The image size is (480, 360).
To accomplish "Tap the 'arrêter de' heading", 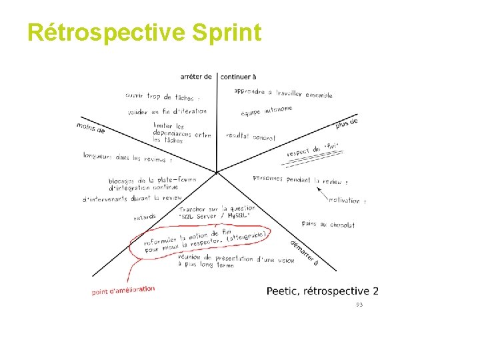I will [x=196, y=77].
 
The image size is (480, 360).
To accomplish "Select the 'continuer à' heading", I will [x=238, y=77].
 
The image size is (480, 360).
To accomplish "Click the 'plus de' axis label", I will [x=347, y=123].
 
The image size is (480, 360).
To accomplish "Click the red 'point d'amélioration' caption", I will [x=123, y=290].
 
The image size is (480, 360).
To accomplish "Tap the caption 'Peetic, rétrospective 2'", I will [x=323, y=291].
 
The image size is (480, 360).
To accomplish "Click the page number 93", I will [x=359, y=304].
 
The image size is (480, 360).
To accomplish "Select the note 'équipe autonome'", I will [x=267, y=113].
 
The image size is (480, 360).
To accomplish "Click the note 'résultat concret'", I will [x=251, y=137].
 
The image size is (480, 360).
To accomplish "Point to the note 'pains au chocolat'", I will [x=328, y=225].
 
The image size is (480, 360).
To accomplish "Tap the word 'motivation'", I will [x=345, y=200].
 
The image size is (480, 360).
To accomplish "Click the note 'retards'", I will [x=145, y=217].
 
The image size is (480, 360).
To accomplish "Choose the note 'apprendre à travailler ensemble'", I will [x=283, y=93].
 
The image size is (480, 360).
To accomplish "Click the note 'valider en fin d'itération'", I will [x=166, y=111].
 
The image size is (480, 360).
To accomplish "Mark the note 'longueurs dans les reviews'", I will [x=126, y=157].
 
